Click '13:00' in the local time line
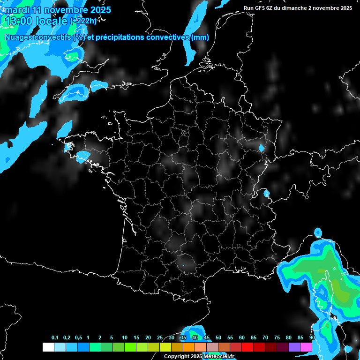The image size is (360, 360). [x=18, y=21]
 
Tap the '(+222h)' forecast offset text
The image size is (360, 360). [x=83, y=21]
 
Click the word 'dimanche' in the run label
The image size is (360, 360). [x=299, y=8]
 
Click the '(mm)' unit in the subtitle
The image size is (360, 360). [x=200, y=37]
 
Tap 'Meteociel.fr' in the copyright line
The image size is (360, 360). [x=219, y=357]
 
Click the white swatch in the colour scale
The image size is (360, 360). [x=48, y=347]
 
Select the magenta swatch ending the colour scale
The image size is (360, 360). [x=306, y=347]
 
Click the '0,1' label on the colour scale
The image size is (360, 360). [x=55, y=338]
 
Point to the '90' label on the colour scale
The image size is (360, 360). [x=312, y=338]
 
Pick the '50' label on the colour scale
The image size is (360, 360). [x=218, y=338]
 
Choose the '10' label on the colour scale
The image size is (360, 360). [x=125, y=338]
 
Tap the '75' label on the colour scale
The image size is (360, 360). [x=277, y=338]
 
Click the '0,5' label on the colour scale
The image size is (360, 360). [x=78, y=338]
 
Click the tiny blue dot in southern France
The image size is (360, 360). [x=184, y=266]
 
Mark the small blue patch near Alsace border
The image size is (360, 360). [x=261, y=148]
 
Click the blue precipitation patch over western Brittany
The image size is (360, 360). [x=82, y=156]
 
